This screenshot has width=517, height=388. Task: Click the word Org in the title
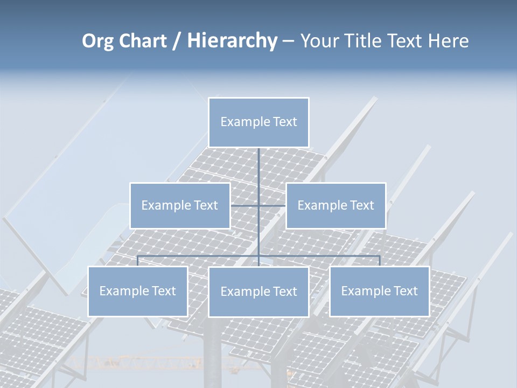coord(97,41)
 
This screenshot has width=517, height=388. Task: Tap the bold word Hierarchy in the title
coord(232,41)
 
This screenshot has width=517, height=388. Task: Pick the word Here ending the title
coord(448,41)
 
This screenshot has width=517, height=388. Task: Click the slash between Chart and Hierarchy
coord(177,41)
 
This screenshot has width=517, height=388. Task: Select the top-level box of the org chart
coord(258,122)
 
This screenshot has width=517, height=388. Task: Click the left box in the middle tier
coord(180,206)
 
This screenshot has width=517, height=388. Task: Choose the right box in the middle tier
coord(336,206)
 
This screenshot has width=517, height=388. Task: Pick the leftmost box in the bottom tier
coord(137,292)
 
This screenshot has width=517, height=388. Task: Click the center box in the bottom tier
coord(258,292)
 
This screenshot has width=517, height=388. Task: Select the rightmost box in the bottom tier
coord(379,292)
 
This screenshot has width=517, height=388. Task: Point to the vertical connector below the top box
coord(258,167)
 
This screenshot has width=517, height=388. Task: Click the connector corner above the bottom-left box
coord(138,256)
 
